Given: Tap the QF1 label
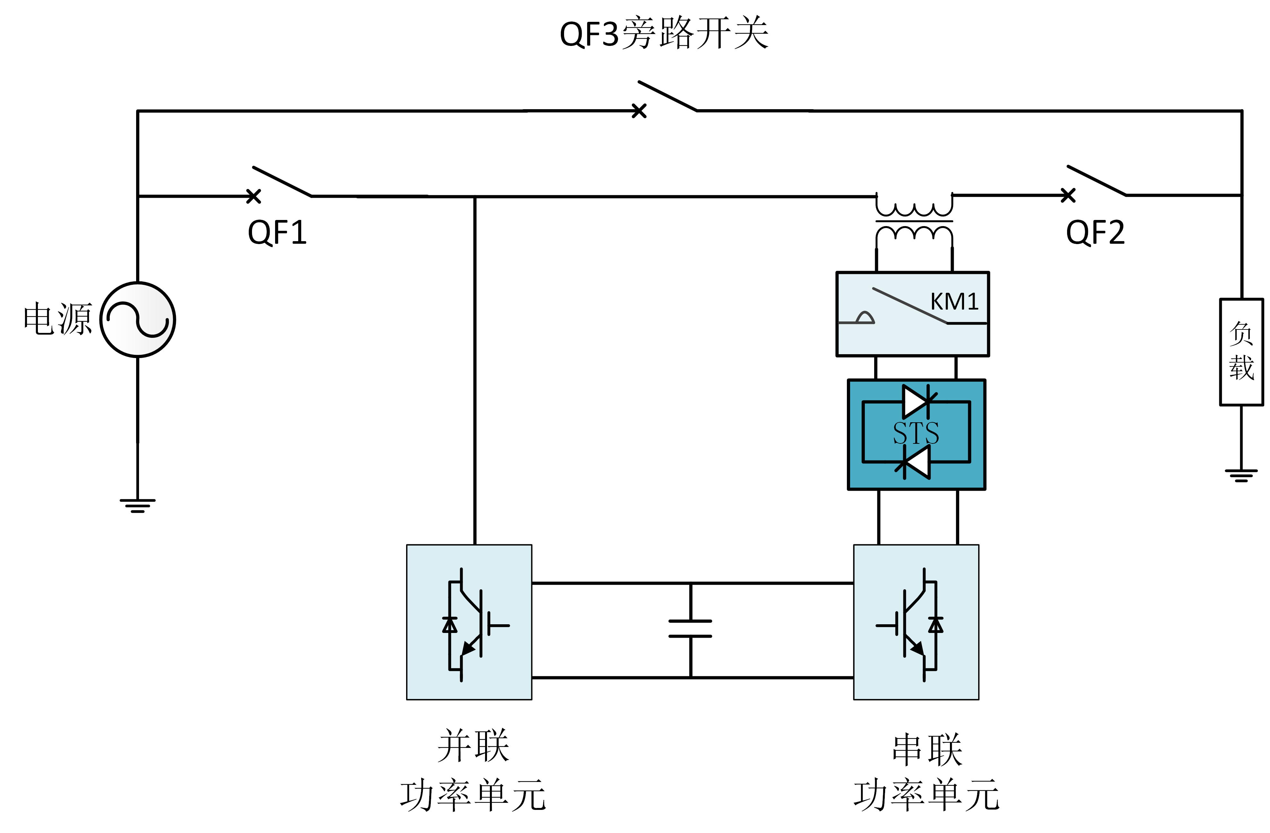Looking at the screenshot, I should tap(277, 233).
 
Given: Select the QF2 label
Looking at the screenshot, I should tap(1095, 233).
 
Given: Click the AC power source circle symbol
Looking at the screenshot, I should tap(138, 320).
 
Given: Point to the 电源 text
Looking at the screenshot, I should tap(58, 319).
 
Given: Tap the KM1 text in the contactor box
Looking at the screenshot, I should tap(954, 302).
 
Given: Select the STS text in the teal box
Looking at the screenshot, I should tap(916, 433).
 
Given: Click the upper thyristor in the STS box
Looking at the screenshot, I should tap(916, 401).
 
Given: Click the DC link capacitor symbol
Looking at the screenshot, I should tap(691, 629).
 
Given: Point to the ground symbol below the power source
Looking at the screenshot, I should tap(138, 505).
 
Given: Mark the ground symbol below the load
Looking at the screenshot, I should tap(1241, 475).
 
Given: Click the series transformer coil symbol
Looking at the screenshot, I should tap(914, 220).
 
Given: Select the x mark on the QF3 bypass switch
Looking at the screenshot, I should tap(639, 111).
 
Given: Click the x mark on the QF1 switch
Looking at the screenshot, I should tap(254, 197).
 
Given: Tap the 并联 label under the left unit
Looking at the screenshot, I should tap(473, 746).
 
